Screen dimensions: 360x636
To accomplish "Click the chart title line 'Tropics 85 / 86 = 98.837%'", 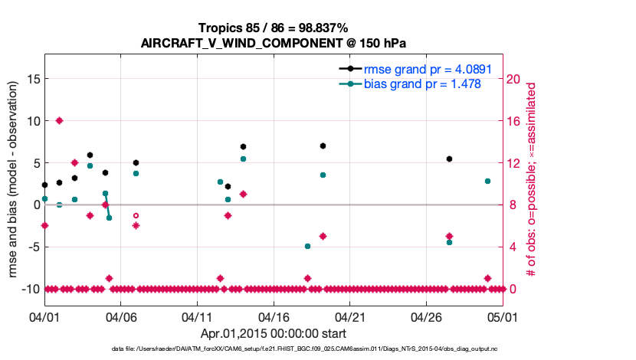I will coord(273,28).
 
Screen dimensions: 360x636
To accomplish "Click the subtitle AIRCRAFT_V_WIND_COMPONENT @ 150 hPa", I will coord(273,43).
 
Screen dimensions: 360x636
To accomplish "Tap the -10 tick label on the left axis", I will coord(29,289).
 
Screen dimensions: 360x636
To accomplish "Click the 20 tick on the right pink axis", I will coord(515,78).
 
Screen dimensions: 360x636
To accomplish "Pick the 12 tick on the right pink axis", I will coord(515,162).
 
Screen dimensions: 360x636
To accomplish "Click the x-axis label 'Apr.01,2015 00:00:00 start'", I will coord(273,333).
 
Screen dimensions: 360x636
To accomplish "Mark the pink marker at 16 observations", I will coord(59,120).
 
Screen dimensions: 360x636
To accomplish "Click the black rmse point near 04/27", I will coord(449,159).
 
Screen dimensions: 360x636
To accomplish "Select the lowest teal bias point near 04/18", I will coord(307,246).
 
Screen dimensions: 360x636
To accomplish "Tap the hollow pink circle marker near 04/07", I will coord(136,216).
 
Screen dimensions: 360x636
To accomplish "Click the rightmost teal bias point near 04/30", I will coord(487,181).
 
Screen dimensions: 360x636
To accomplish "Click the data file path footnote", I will coord(273,349).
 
